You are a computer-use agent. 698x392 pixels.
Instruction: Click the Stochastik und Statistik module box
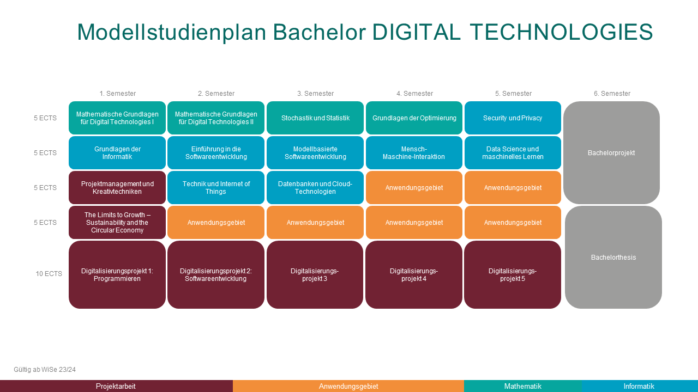click(315, 118)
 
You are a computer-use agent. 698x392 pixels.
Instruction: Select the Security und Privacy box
click(513, 118)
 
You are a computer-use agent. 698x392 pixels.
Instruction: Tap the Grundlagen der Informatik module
click(117, 153)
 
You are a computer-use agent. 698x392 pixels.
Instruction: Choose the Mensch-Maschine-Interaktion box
click(414, 153)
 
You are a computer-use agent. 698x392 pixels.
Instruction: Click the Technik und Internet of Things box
click(216, 188)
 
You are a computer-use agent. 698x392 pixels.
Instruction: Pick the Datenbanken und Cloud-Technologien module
click(315, 188)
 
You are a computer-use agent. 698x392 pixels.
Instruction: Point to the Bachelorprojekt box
click(611, 153)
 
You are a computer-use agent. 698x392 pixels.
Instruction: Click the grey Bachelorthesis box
click(613, 258)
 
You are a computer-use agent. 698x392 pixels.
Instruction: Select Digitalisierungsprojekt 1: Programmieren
click(117, 275)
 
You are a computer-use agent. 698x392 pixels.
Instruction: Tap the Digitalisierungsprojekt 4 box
click(414, 275)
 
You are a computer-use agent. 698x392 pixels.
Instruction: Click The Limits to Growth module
click(117, 223)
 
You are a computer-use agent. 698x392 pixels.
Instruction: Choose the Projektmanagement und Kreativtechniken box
click(117, 188)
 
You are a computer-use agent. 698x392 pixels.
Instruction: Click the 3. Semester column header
click(315, 93)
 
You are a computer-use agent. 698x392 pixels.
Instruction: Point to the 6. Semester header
click(612, 93)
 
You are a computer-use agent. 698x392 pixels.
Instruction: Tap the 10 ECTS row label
click(49, 274)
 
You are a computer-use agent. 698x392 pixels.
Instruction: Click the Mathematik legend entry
click(523, 386)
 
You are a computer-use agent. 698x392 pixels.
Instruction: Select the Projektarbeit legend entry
click(116, 386)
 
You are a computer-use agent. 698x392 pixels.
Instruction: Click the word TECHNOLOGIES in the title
click(561, 32)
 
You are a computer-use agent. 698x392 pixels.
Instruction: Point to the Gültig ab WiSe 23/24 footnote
click(45, 370)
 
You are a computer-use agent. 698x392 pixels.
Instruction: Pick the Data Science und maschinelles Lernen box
click(513, 153)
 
